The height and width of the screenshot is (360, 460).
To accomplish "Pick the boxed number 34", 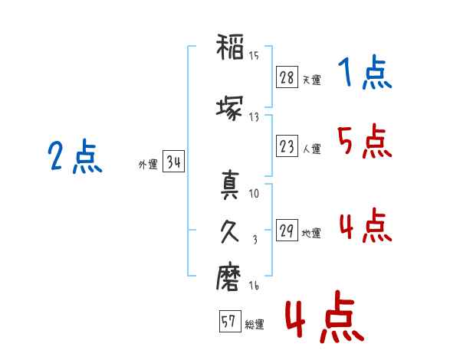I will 173,162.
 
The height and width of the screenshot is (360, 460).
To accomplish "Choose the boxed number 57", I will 229,322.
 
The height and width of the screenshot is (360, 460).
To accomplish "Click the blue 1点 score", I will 364,74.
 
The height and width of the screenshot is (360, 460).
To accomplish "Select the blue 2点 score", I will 75,159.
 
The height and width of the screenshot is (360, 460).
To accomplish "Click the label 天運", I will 311,80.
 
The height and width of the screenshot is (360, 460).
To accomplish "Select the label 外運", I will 147,165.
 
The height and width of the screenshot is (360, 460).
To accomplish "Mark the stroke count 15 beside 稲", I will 254,55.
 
